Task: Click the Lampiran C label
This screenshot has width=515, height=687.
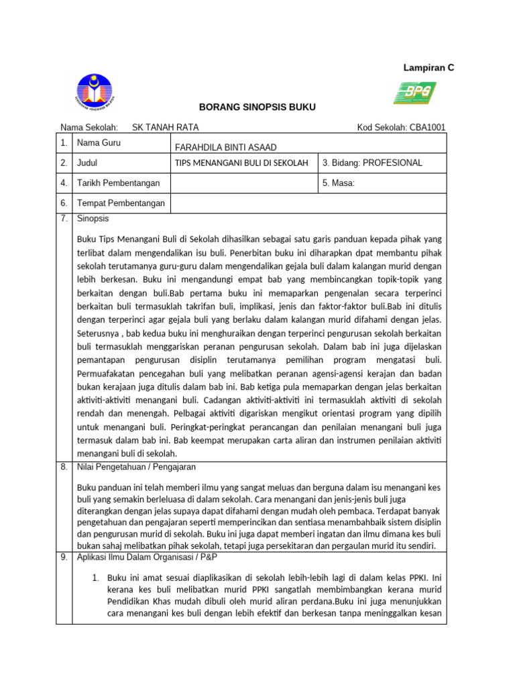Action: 428,68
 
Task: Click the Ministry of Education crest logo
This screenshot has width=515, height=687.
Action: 95,93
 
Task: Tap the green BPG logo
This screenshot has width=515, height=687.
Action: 414,93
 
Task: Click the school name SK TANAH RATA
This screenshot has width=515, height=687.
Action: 165,127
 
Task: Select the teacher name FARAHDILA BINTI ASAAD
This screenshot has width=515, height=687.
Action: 225,148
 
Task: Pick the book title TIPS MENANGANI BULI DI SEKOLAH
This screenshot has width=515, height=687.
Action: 241,163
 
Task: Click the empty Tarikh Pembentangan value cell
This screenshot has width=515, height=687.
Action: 243,182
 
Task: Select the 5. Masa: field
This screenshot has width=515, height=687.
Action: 339,182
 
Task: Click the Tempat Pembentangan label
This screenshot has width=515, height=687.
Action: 121,203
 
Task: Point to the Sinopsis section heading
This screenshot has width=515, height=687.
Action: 93,219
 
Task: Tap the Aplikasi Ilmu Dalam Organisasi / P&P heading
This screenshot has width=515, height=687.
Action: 148,557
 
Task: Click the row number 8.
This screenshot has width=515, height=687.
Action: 64,467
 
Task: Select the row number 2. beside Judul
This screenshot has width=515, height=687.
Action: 64,163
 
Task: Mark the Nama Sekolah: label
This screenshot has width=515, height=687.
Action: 89,127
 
